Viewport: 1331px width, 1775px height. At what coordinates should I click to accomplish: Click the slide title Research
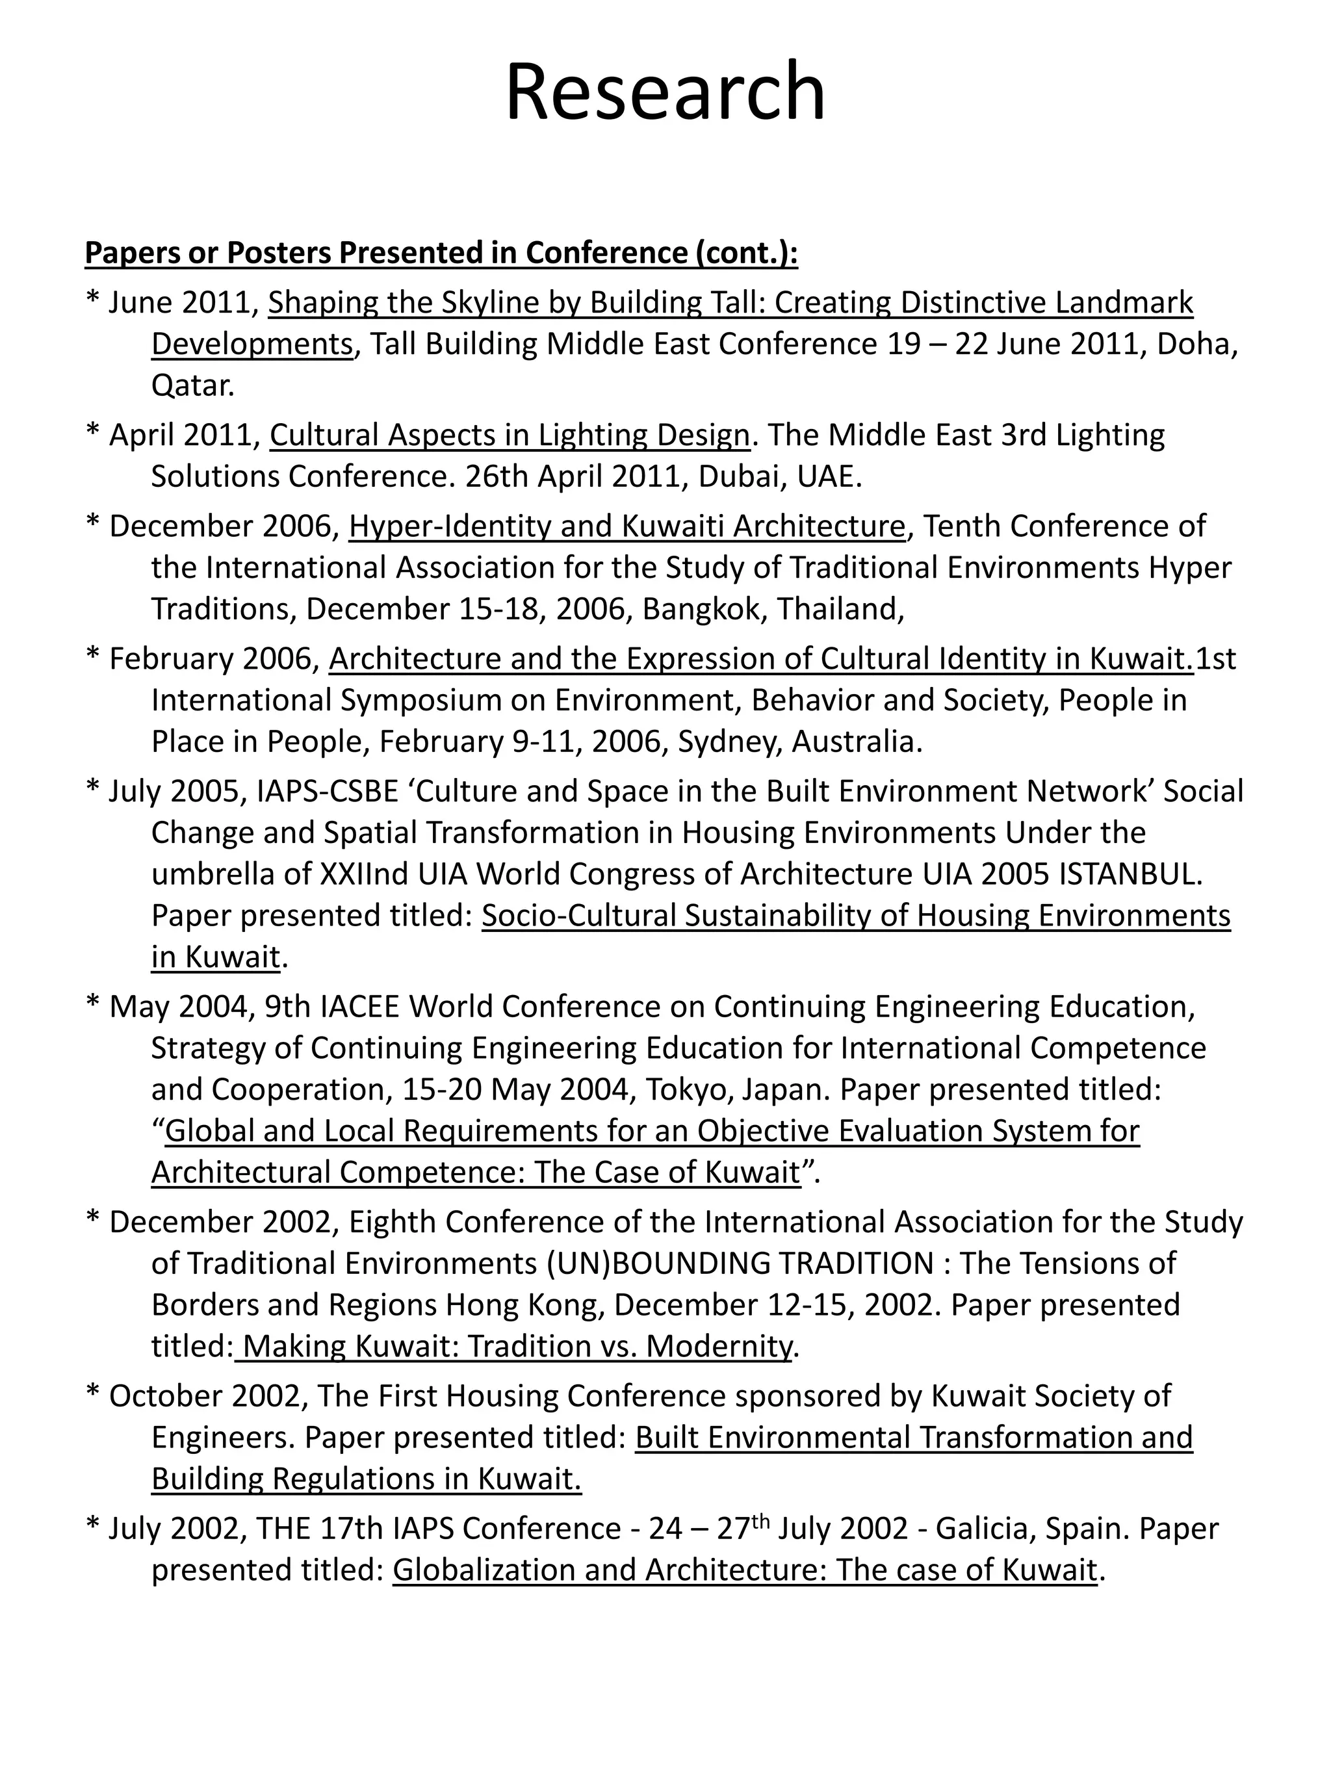[665, 92]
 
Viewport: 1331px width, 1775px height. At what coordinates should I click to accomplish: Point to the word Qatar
[192, 387]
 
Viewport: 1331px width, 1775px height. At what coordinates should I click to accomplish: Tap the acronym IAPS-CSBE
[328, 793]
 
